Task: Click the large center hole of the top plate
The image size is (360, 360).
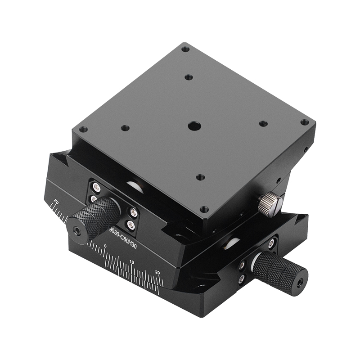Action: (193, 126)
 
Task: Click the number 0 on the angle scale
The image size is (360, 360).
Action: (105, 246)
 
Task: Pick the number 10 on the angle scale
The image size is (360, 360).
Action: (131, 261)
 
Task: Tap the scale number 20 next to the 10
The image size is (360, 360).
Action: (157, 272)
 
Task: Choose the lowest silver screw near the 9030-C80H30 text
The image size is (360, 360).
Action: (131, 225)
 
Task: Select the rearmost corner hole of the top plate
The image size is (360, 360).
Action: (185, 49)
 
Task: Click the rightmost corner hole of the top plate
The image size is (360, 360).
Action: (305, 122)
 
